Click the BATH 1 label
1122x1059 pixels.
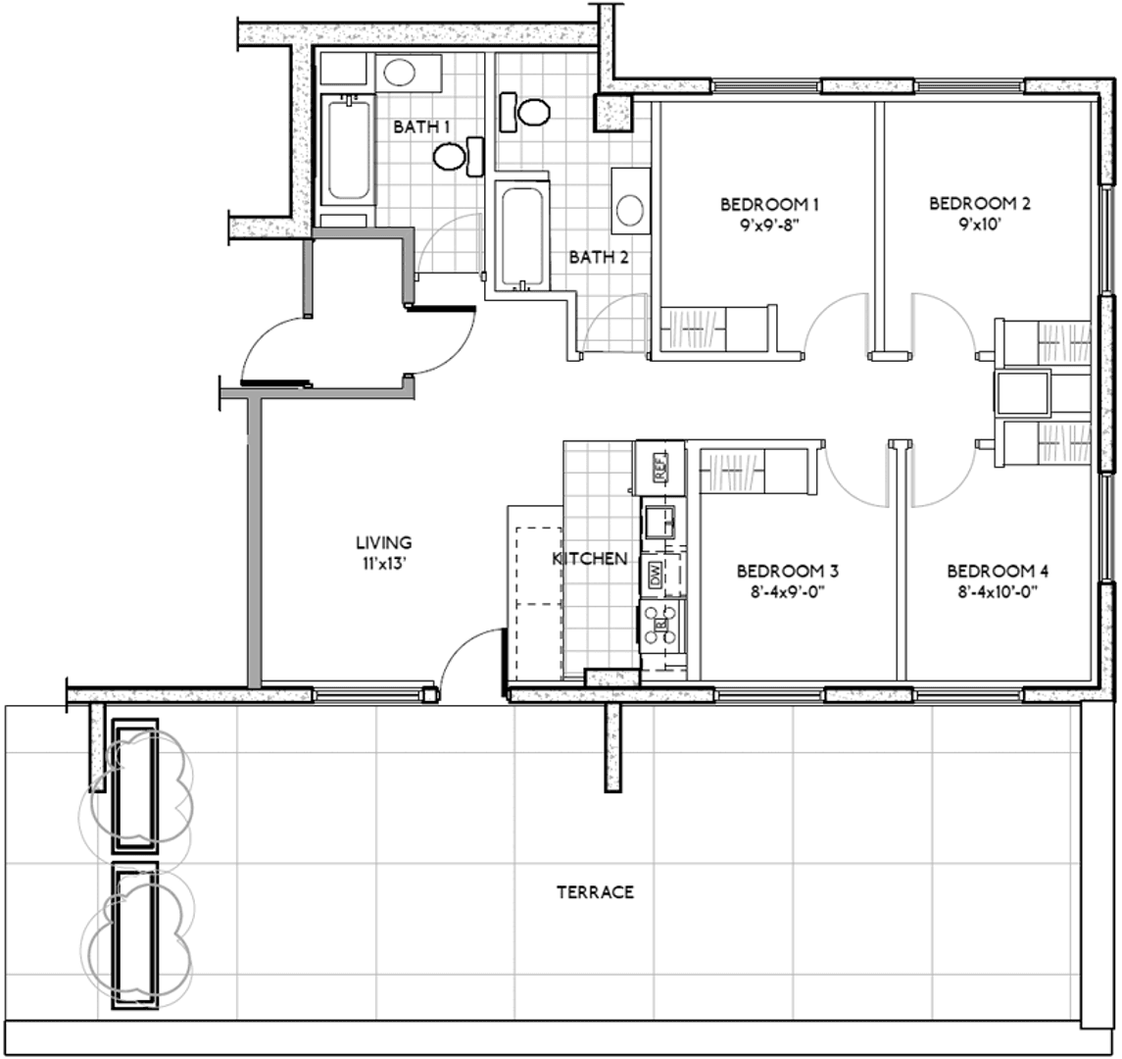pyautogui.click(x=421, y=127)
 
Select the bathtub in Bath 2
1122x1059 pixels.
pyautogui.click(x=522, y=237)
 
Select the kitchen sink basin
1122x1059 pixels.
pyautogui.click(x=659, y=522)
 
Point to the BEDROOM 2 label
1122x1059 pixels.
pyautogui.click(x=980, y=204)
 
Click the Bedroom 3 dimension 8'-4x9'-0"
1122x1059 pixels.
pyautogui.click(x=787, y=592)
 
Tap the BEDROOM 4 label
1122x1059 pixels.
pyautogui.click(x=998, y=572)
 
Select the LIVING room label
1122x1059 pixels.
pyautogui.click(x=384, y=543)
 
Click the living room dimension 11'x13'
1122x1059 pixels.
pyautogui.click(x=384, y=564)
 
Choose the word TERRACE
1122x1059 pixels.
pyautogui.click(x=596, y=892)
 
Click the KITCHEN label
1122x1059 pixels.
pyautogui.click(x=590, y=559)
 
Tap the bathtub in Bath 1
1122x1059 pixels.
pyautogui.click(x=348, y=150)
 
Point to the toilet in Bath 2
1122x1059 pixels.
pyautogui.click(x=525, y=113)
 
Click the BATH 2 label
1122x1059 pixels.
pyautogui.click(x=599, y=257)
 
